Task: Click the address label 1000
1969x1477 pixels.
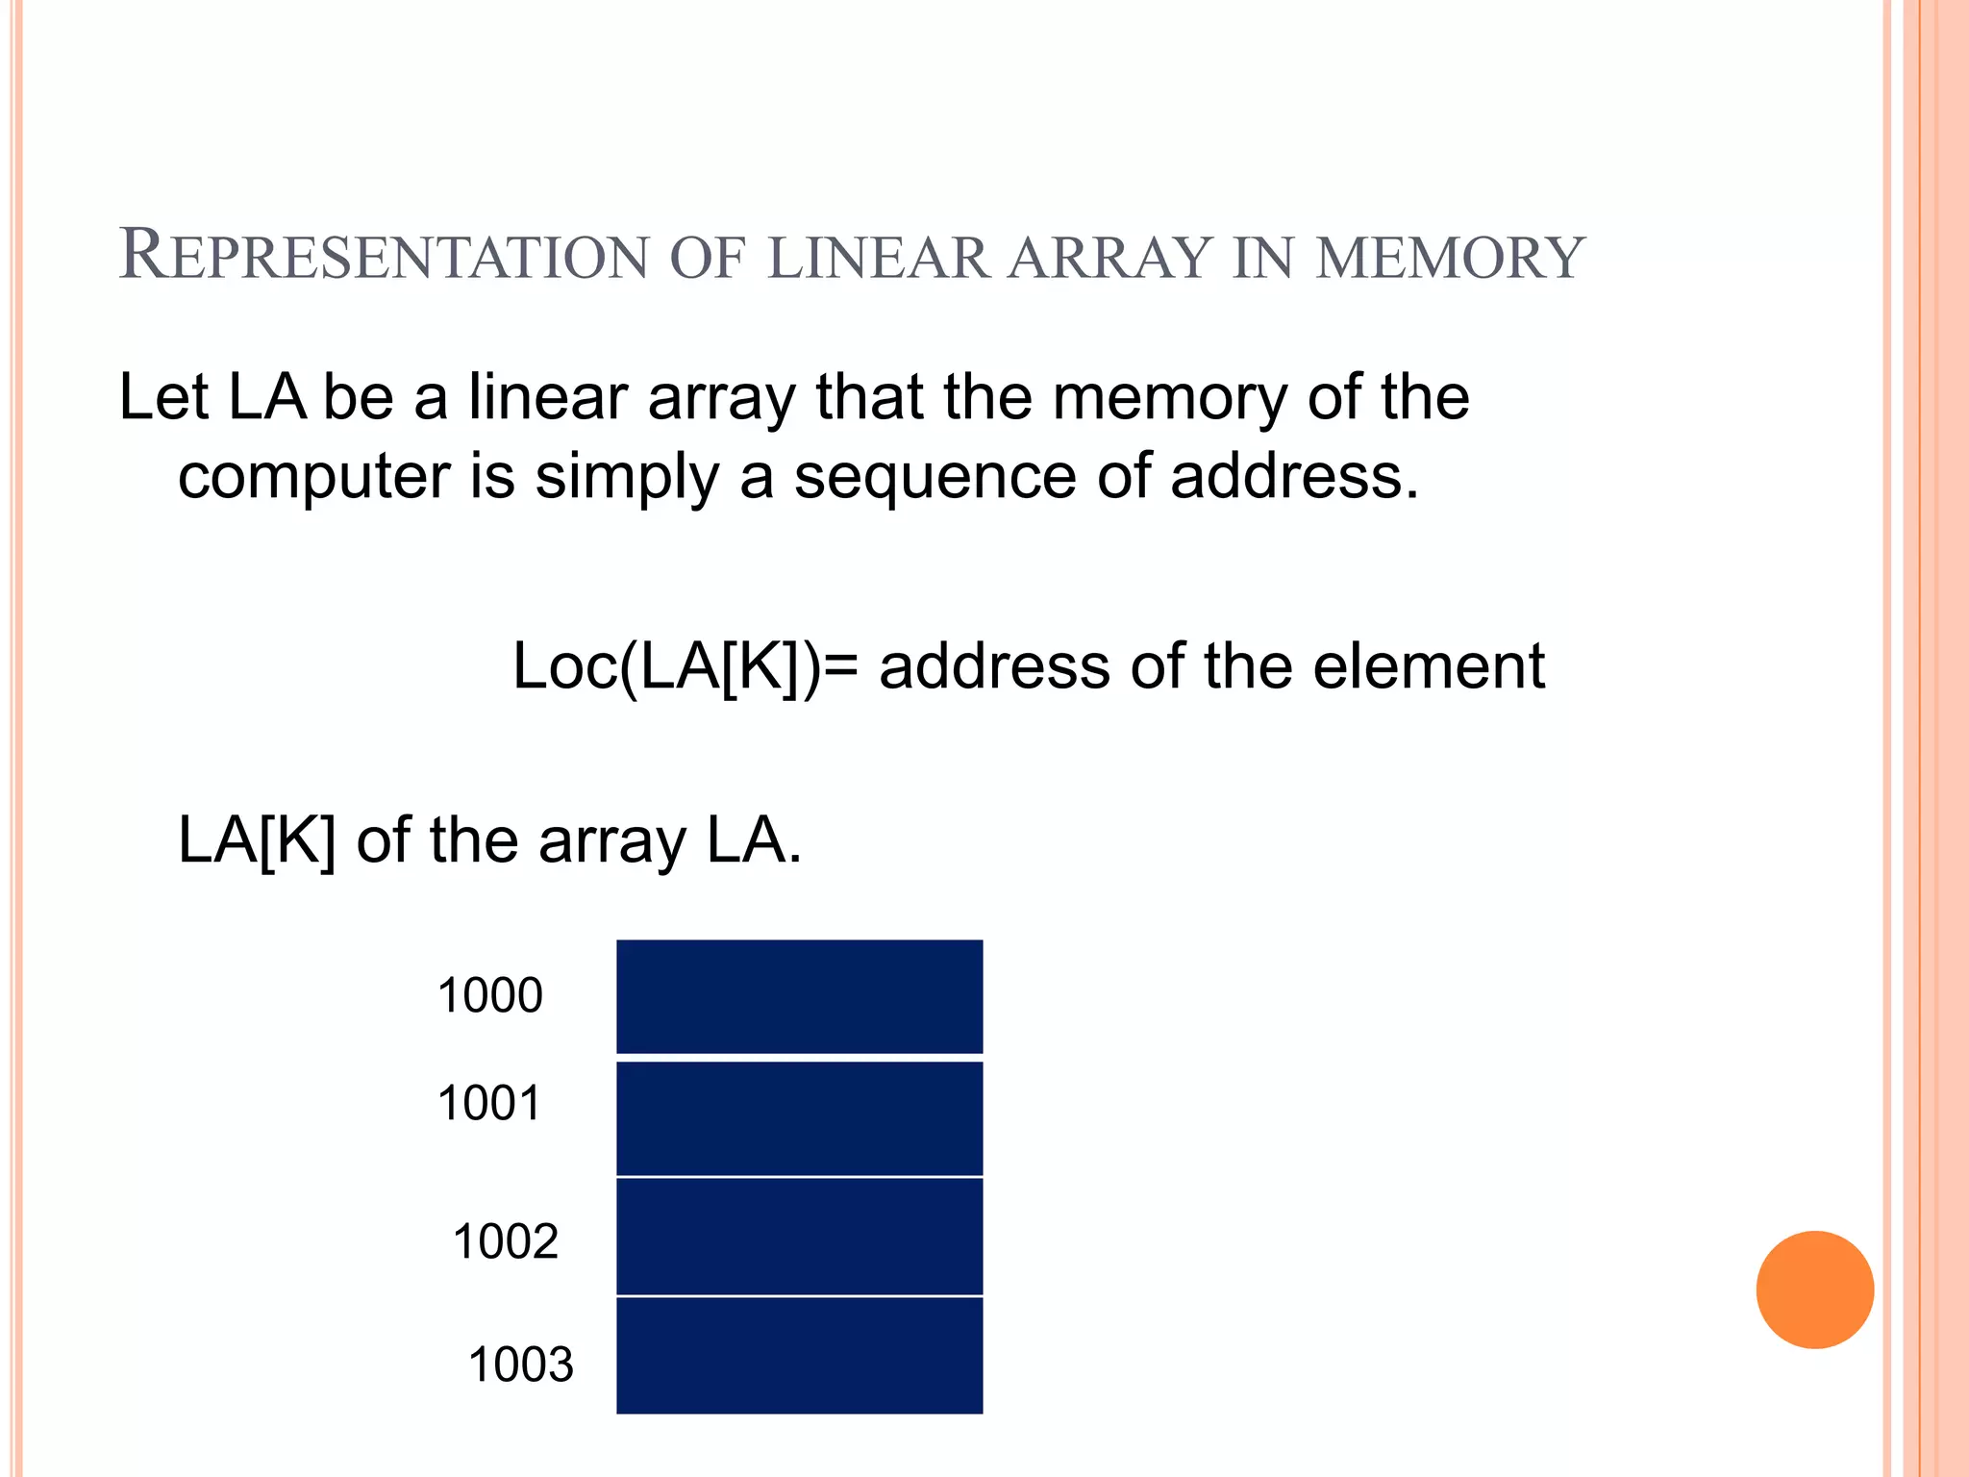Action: click(489, 995)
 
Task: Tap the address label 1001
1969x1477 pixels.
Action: click(489, 1103)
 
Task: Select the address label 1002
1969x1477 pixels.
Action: click(505, 1241)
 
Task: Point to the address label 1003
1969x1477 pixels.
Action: click(520, 1364)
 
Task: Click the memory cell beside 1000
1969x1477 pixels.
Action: click(799, 996)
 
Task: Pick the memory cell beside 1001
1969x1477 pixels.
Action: click(799, 1118)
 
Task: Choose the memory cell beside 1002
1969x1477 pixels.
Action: click(799, 1237)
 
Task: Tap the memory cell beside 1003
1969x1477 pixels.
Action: click(799, 1356)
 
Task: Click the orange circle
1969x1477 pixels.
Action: click(1814, 1289)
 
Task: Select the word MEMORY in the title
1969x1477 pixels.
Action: click(1450, 258)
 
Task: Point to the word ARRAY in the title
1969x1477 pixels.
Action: click(1109, 258)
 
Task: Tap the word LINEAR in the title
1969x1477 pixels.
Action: click(879, 258)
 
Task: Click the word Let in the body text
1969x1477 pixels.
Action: click(162, 396)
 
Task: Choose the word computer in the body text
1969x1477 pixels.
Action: click(313, 477)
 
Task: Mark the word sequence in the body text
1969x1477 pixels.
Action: click(934, 477)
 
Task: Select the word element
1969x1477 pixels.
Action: click(1429, 665)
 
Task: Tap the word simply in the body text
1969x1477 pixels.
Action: click(626, 477)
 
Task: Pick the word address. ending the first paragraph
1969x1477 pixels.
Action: click(1294, 476)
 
